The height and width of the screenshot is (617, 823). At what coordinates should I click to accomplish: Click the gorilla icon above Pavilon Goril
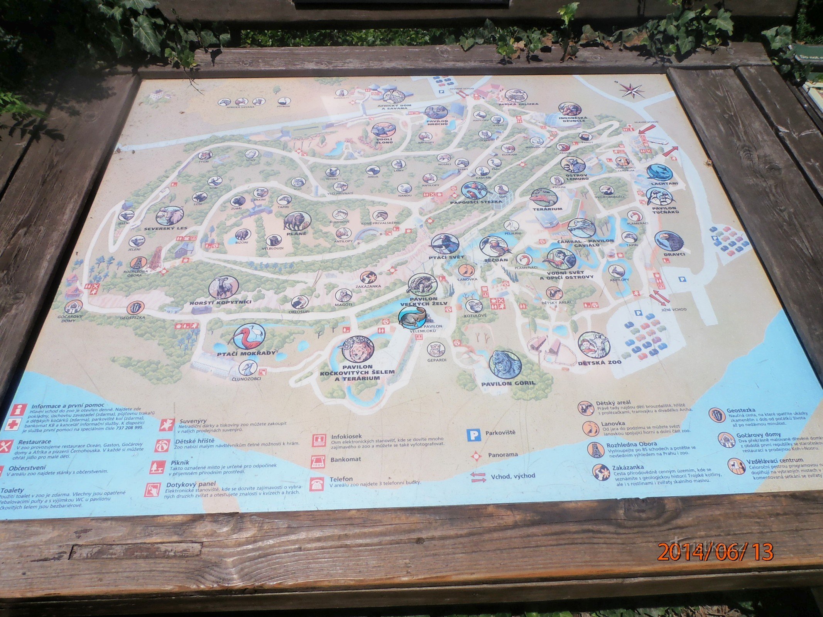tap(505, 364)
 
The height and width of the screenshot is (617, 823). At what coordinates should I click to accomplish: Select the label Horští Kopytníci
tap(220, 302)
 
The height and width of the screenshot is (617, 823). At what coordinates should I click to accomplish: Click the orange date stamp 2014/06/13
tap(715, 551)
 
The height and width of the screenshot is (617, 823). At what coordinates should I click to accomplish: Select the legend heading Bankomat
tap(346, 459)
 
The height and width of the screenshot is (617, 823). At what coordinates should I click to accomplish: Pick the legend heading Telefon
tap(341, 479)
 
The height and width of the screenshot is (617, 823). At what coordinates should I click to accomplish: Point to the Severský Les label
tap(165, 228)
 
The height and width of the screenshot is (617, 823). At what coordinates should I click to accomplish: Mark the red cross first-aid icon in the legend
tap(13, 425)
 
